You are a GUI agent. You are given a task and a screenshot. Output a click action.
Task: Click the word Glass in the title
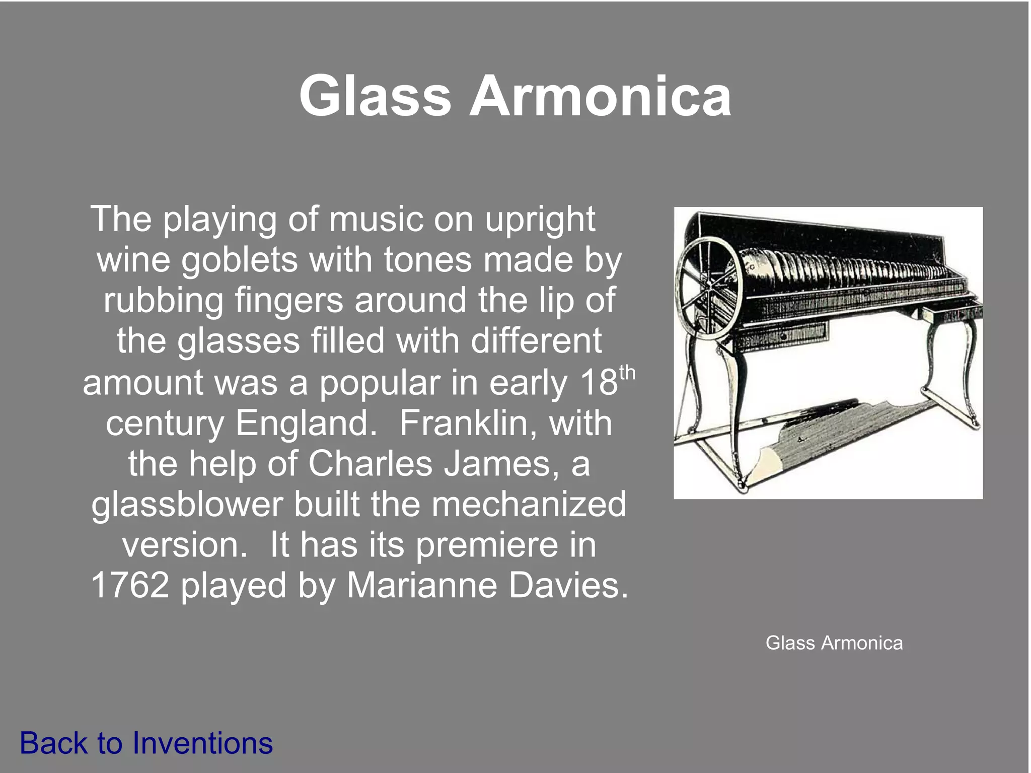(375, 96)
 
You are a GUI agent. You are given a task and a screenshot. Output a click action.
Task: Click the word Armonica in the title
(600, 96)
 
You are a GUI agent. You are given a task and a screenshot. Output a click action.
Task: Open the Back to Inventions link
(146, 743)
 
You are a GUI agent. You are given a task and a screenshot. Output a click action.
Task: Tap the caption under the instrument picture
(834, 643)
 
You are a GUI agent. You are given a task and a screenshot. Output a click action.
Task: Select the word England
(306, 423)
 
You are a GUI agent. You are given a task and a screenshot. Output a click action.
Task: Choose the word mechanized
(529, 504)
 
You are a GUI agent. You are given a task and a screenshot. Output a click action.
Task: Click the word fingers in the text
(289, 301)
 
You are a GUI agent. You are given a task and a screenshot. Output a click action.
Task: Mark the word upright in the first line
(540, 220)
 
